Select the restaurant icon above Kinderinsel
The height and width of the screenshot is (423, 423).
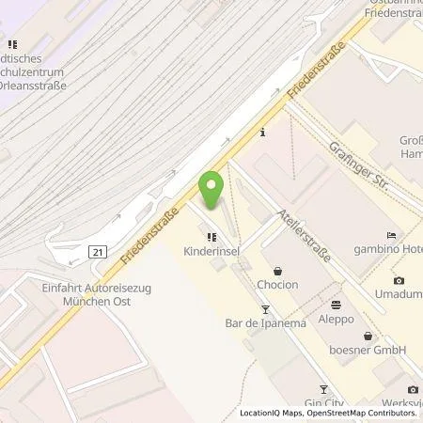(213, 238)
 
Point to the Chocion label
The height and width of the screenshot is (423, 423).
(278, 285)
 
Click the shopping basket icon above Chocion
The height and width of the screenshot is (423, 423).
(278, 270)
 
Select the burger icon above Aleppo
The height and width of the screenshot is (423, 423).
(337, 305)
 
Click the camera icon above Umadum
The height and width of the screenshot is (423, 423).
(399, 281)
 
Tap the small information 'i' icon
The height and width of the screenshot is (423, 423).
(264, 132)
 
